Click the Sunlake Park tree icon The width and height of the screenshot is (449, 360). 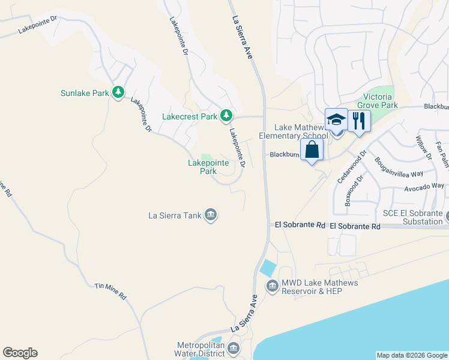tap(119, 92)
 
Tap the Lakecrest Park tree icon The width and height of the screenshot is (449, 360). tap(226, 115)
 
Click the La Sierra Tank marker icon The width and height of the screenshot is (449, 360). tap(211, 215)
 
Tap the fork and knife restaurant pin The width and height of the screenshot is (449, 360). tap(359, 121)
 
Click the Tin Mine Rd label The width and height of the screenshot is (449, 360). tap(110, 292)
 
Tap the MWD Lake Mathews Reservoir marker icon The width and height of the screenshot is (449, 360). tap(273, 287)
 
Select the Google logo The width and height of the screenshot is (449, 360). tap(20, 353)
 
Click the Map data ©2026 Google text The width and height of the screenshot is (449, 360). tap(412, 355)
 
